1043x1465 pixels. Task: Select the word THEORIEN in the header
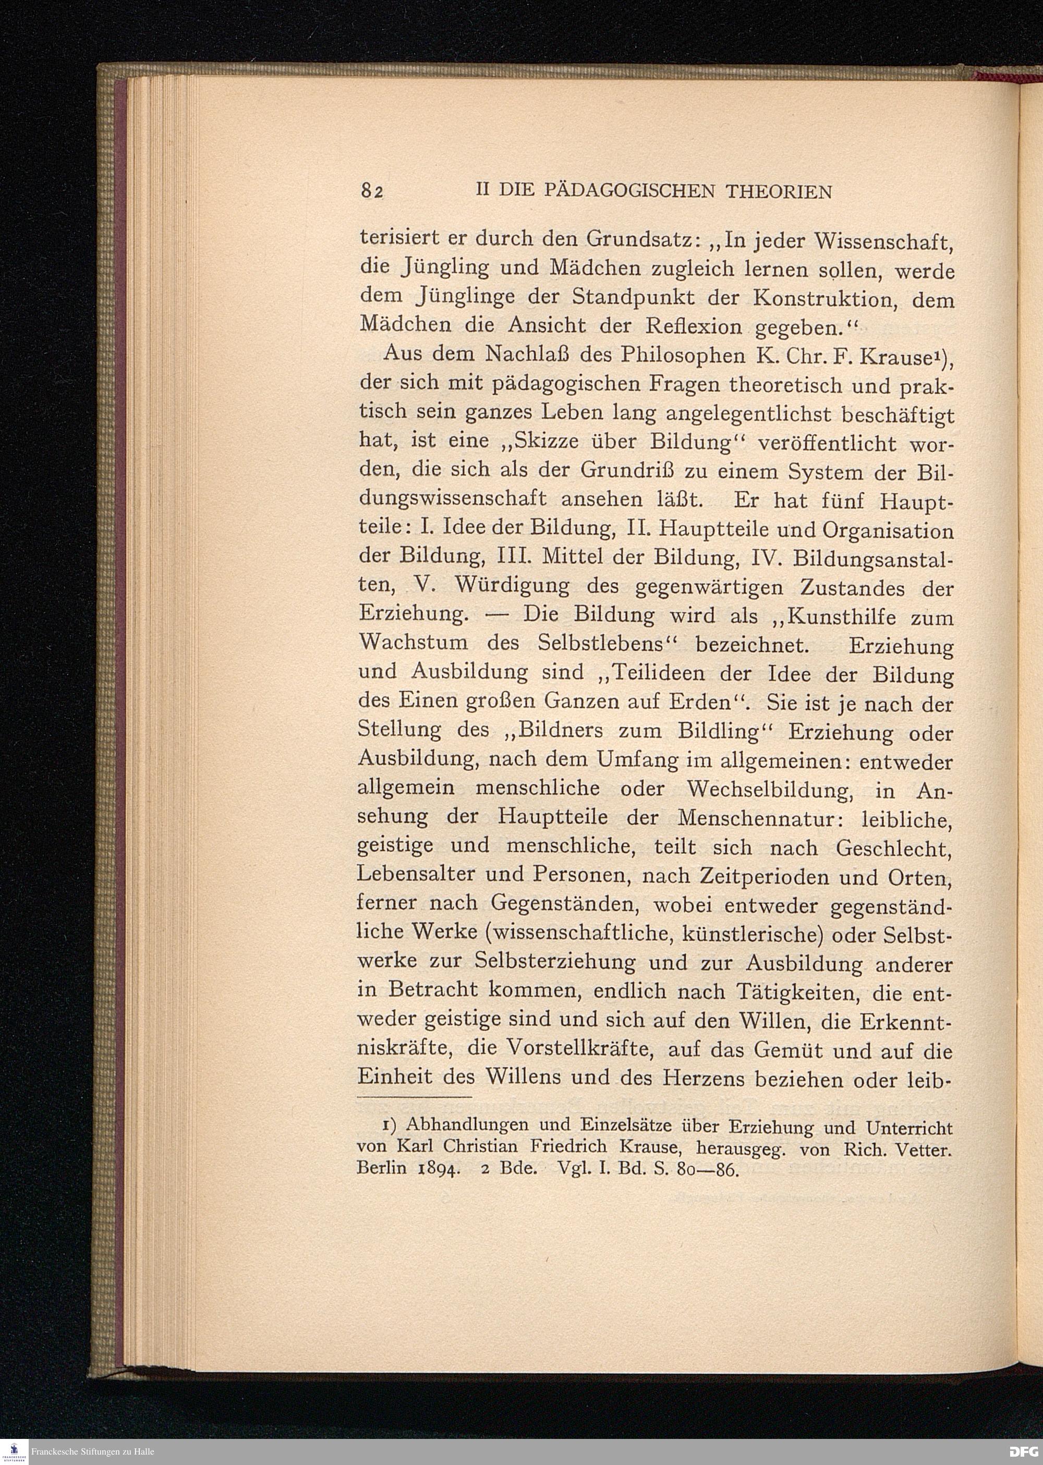[779, 191]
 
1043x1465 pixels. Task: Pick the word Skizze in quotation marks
[545, 442]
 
